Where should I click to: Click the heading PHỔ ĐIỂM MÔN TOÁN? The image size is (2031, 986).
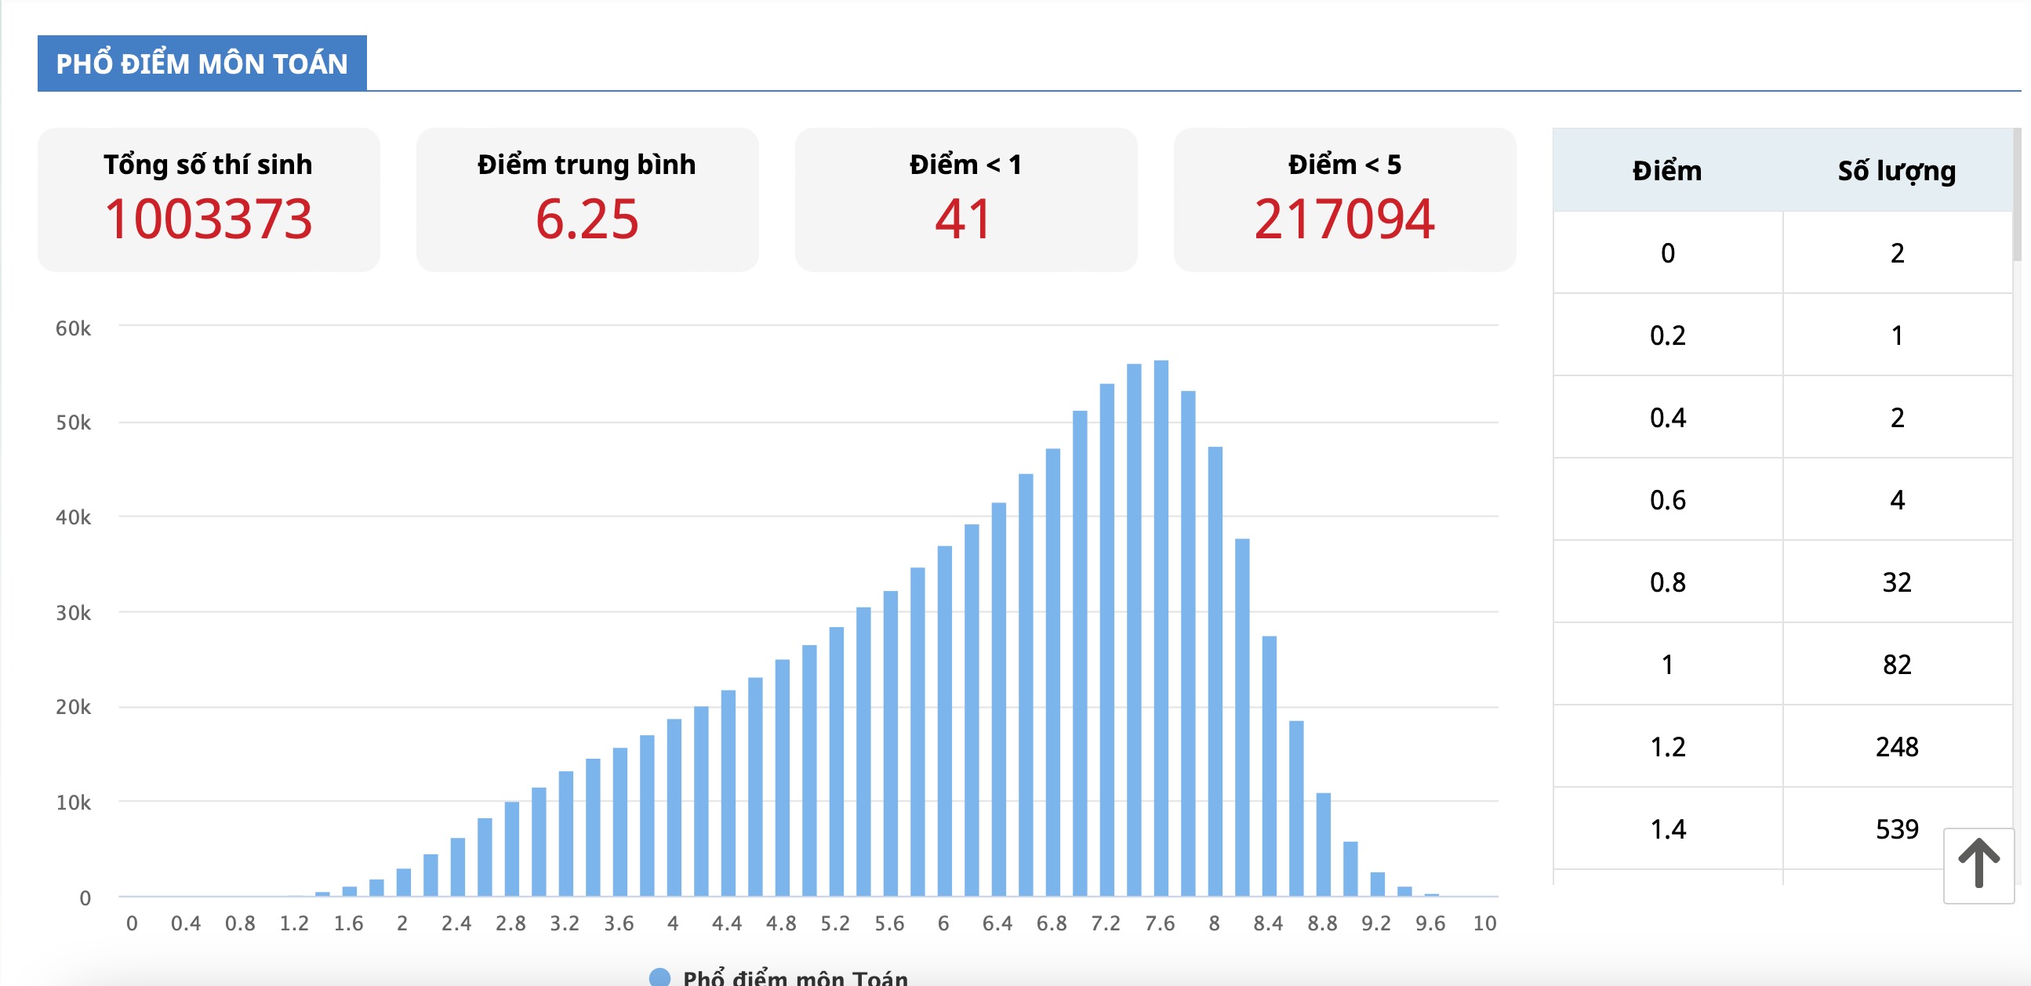202,63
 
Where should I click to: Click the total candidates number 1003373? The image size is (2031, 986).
209,219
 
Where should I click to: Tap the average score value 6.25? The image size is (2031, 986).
587,219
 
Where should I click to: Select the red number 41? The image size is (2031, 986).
964,219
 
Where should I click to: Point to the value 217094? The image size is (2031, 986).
1344,219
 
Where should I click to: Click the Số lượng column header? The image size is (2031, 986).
1896,170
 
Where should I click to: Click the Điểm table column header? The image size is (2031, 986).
1666,170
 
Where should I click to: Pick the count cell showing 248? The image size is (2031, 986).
1896,746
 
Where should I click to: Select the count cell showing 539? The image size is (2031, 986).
1896,828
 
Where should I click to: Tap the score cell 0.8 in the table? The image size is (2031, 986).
1666,582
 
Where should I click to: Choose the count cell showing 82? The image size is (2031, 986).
1896,665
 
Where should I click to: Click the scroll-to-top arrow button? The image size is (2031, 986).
1978,865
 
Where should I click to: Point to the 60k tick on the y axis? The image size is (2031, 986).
72,328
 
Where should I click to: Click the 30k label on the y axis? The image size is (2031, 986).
72,612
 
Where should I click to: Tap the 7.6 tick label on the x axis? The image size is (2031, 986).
1160,923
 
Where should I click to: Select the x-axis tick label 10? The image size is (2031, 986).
1484,923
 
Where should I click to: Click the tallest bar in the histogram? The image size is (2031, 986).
1161,630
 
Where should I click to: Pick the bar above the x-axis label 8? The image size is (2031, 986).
1215,670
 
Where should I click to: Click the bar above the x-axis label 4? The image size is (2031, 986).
674,808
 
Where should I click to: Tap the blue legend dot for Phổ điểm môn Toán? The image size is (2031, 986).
659,977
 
